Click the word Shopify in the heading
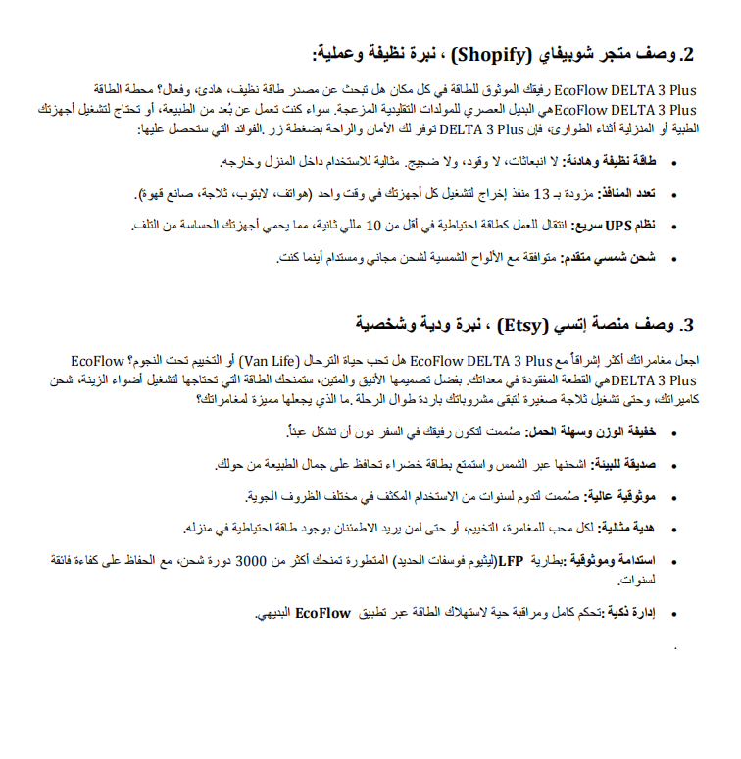(495, 52)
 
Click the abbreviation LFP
(511, 562)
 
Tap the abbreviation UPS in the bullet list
(617, 226)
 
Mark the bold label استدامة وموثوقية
(619, 562)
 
